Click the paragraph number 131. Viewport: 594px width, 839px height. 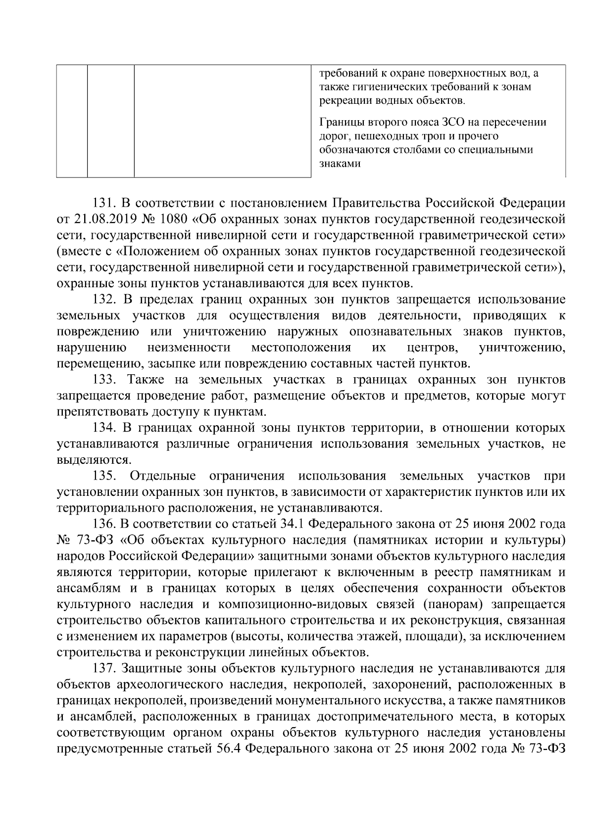click(x=104, y=203)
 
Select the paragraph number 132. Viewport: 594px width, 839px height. click(x=104, y=300)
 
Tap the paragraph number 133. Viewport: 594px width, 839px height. click(x=104, y=380)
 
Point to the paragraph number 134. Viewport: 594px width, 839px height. click(x=104, y=428)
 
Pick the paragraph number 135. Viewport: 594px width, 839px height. click(x=104, y=476)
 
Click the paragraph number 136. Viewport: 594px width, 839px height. click(x=104, y=524)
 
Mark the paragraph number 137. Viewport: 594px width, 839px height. click(x=104, y=669)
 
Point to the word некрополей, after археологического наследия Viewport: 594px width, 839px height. click(x=328, y=685)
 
